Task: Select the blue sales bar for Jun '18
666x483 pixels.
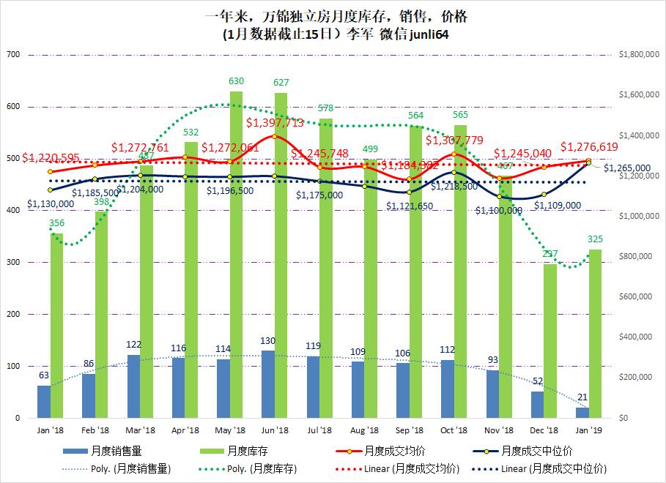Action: [268, 384]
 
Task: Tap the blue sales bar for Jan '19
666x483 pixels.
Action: [582, 413]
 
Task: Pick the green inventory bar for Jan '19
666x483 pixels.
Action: [595, 333]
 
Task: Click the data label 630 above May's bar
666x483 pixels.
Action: [237, 81]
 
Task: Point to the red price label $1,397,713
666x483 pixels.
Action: [275, 123]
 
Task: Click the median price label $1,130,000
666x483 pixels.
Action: [51, 203]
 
